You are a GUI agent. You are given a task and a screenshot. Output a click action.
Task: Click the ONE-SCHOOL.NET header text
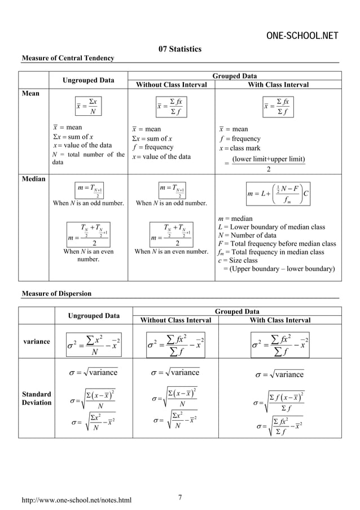pyautogui.click(x=302, y=37)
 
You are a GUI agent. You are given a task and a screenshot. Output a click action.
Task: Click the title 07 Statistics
pyautogui.click(x=179, y=50)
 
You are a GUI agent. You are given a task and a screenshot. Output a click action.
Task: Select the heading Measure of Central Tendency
pyautogui.click(x=67, y=58)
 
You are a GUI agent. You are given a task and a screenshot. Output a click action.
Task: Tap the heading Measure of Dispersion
pyautogui.click(x=56, y=294)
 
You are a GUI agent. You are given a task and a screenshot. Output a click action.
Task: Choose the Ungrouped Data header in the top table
pyautogui.click(x=88, y=80)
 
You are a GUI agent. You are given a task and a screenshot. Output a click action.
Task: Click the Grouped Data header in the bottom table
pyautogui.click(x=235, y=311)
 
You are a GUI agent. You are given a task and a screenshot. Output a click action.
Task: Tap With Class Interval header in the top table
pyautogui.click(x=279, y=85)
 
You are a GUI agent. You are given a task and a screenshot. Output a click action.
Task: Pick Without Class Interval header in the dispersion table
pyautogui.click(x=175, y=320)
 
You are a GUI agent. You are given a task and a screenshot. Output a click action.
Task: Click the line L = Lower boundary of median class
pyautogui.click(x=271, y=227)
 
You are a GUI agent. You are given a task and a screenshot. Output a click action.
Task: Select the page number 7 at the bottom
pyautogui.click(x=179, y=497)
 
